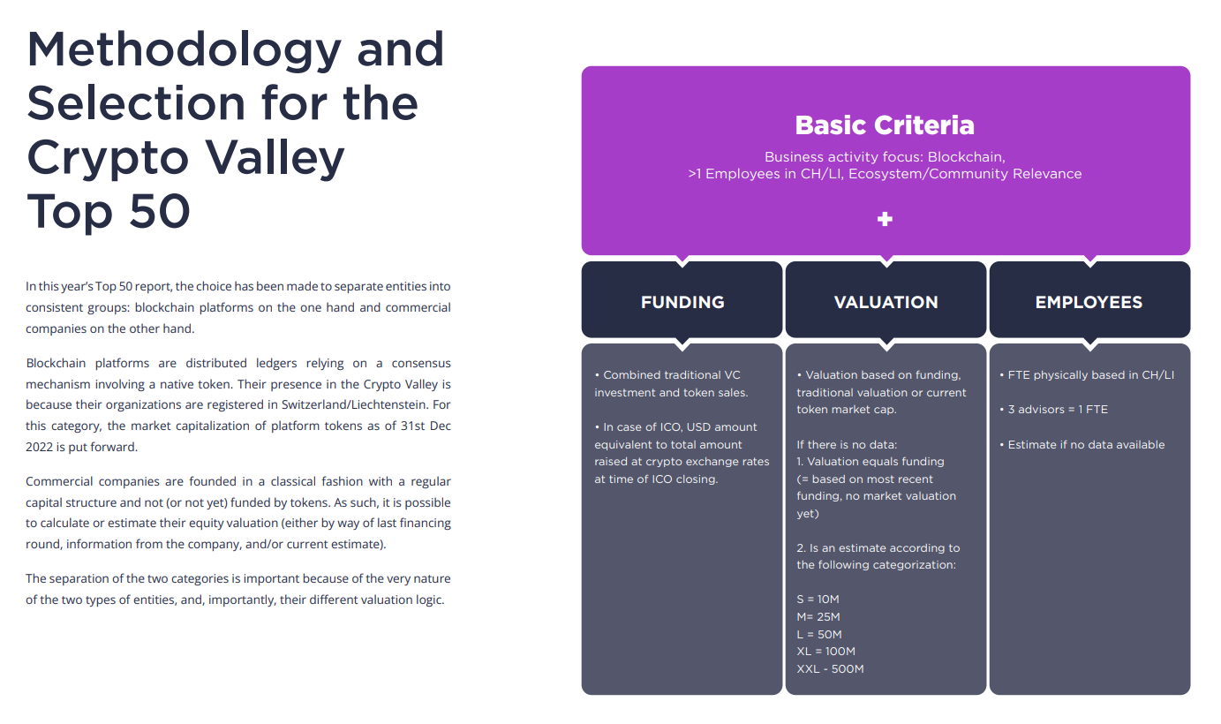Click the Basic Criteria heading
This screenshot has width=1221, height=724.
pos(884,125)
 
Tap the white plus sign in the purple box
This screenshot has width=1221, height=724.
pos(885,219)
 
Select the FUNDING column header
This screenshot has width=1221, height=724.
pos(682,302)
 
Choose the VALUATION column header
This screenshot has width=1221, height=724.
pos(886,302)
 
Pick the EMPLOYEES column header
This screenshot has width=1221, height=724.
pos(1089,302)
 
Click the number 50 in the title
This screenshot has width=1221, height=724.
pos(159,211)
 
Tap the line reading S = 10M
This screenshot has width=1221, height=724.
pos(818,600)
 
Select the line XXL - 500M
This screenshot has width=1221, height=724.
pos(830,669)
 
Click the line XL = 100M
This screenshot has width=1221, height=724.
pos(825,652)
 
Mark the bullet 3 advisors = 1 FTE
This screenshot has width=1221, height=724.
pos(1053,410)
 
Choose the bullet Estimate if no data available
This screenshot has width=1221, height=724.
pos(1082,445)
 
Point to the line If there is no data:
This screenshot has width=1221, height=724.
pos(847,445)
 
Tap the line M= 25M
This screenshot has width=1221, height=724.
pos(818,616)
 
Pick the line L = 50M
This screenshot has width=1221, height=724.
pos(819,635)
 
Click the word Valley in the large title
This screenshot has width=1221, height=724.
pos(275,159)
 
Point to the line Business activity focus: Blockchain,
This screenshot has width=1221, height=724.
pos(885,157)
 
